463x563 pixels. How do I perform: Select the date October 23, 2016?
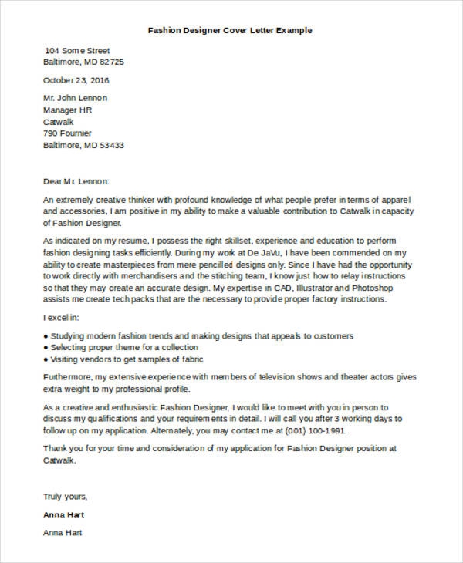tap(76, 79)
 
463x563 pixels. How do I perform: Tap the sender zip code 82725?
tap(111, 61)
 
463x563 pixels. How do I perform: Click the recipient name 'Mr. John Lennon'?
tap(76, 98)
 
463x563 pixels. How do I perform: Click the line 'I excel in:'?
tap(63, 317)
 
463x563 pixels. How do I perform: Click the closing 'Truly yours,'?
tap(66, 496)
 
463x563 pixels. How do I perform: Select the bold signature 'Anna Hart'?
tap(63, 514)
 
